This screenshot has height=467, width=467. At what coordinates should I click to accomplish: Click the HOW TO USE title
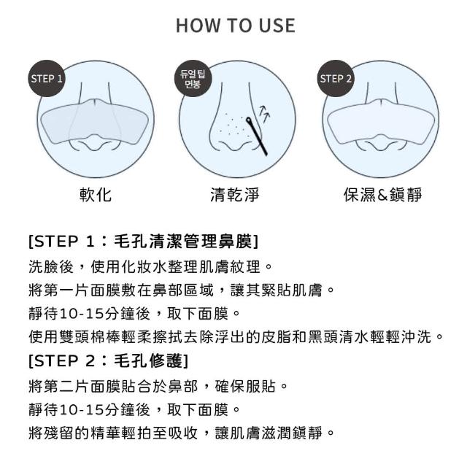click(236, 26)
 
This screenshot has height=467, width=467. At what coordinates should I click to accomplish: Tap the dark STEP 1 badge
click(47, 78)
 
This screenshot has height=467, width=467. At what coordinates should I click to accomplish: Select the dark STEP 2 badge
click(336, 78)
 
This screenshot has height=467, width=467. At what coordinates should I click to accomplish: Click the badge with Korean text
click(193, 79)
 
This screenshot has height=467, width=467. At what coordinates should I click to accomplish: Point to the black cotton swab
click(257, 136)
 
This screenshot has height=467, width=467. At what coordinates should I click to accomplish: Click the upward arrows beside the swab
click(264, 114)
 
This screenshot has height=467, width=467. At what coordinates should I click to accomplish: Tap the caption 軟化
click(96, 195)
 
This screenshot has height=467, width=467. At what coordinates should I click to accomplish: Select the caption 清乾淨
click(235, 195)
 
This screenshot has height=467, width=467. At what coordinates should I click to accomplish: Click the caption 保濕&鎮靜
click(382, 195)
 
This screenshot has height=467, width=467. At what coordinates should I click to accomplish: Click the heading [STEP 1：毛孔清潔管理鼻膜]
click(144, 242)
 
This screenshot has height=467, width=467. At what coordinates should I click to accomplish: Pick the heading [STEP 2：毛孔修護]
click(109, 361)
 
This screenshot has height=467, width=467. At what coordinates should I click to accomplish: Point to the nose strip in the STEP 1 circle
click(94, 121)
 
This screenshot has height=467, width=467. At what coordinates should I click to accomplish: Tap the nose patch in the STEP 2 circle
click(382, 121)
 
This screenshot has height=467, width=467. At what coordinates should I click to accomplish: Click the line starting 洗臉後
click(150, 266)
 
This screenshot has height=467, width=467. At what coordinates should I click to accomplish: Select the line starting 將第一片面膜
click(182, 290)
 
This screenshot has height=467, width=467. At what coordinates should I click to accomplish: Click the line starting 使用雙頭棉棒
click(236, 337)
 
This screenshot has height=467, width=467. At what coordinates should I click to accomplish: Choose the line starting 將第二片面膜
click(158, 386)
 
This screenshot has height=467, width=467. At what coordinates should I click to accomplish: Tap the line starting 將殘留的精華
click(182, 433)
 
